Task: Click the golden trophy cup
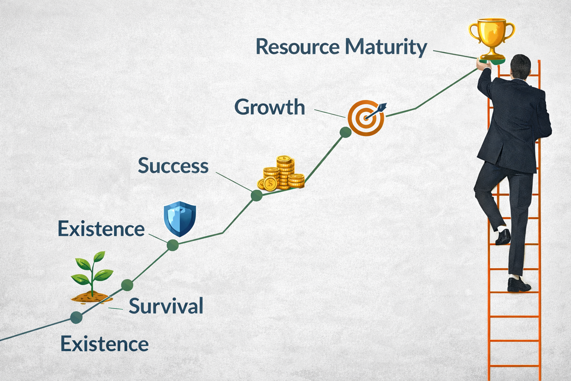coord(492,37)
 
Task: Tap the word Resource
coord(297,47)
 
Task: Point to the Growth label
coord(270,107)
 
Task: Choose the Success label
coord(173,166)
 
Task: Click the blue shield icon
coord(180,219)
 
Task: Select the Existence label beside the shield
coord(101,229)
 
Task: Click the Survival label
coord(166,306)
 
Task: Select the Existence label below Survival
coord(104,344)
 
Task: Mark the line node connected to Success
coord(257,195)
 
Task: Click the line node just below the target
coord(345,132)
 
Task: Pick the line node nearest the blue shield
coord(173,245)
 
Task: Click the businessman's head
coord(520,66)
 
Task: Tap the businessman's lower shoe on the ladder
coord(519,285)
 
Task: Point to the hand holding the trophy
coord(483,65)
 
